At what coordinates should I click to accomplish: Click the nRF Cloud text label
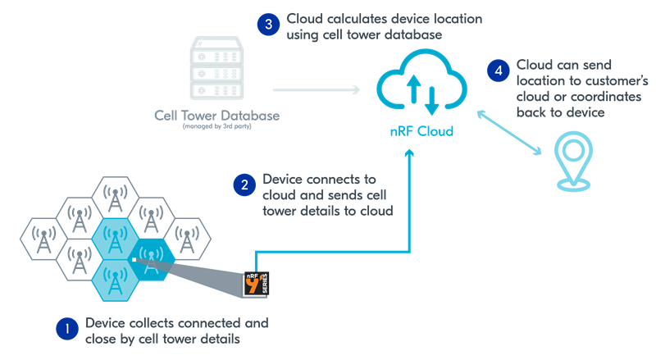421,131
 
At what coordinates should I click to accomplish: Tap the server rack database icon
216,69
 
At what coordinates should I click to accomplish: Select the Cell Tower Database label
216,115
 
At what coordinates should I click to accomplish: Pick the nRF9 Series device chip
257,283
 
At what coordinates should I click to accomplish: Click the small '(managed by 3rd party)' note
216,128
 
